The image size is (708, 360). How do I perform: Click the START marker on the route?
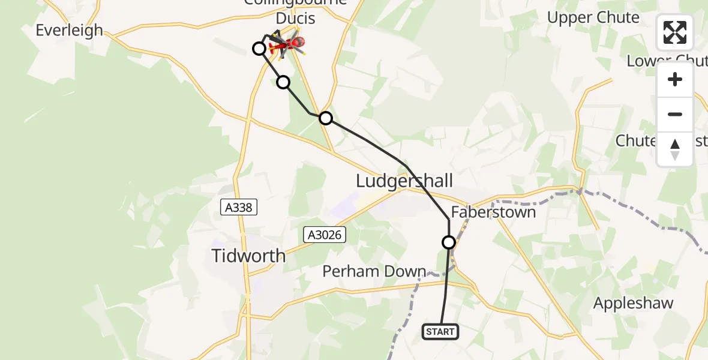coord(441,332)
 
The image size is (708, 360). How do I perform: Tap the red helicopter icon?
coord(291,43)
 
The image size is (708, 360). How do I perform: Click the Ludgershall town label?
coord(404,181)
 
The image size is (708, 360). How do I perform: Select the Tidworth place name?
coord(248,256)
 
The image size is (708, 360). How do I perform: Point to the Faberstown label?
coord(493,212)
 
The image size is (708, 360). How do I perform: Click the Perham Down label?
coord(374,271)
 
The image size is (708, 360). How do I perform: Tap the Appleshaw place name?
coord(633,303)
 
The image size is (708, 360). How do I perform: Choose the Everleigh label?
coord(69,30)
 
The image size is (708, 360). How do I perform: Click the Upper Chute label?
coord(593,17)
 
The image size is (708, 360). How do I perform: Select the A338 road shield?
coord(239,208)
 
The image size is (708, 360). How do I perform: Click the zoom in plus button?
coord(675,79)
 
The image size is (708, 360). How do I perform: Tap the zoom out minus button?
coord(675,114)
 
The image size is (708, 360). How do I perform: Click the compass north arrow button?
coord(675,149)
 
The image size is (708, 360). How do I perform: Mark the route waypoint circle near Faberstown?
coord(449,242)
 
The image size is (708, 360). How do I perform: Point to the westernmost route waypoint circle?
coord(259,49)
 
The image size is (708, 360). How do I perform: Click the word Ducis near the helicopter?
coord(295,19)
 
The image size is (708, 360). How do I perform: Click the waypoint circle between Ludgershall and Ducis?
coord(326,118)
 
